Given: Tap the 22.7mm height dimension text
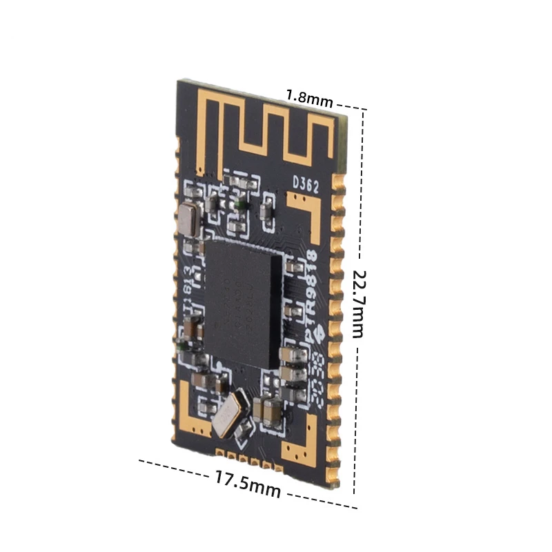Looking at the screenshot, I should pos(357,303).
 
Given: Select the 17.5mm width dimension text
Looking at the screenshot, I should pos(246,483).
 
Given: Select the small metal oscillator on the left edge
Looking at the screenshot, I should pos(187,219).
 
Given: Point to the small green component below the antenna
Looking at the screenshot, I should pos(237,204).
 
